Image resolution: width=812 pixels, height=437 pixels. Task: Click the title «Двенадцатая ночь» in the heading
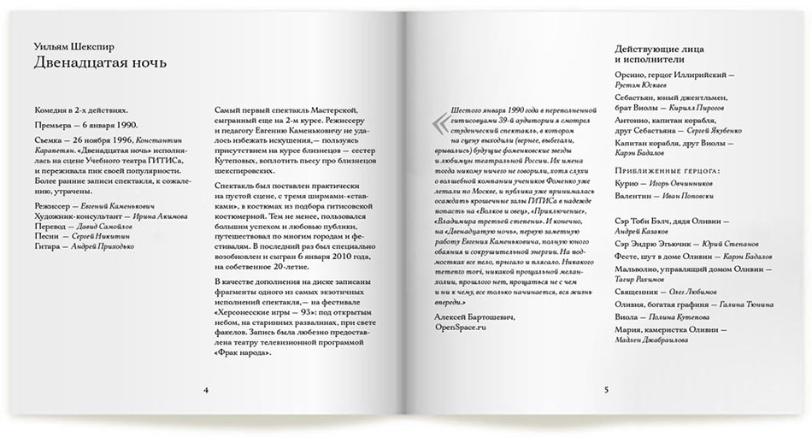point(100,63)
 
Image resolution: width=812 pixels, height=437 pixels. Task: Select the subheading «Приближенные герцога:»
point(668,171)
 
